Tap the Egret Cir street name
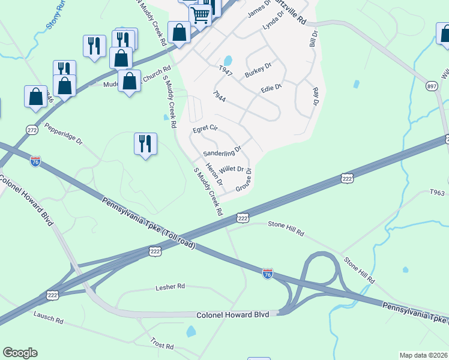point(205,129)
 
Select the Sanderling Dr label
point(221,151)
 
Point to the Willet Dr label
point(231,170)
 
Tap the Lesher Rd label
point(170,287)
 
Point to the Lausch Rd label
point(48,317)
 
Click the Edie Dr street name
point(271,88)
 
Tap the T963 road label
point(438,193)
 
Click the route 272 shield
point(32,130)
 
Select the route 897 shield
point(431,86)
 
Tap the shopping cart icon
point(200,15)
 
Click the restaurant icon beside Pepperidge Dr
point(145,143)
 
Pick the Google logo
point(20,353)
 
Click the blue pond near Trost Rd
point(191,331)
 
